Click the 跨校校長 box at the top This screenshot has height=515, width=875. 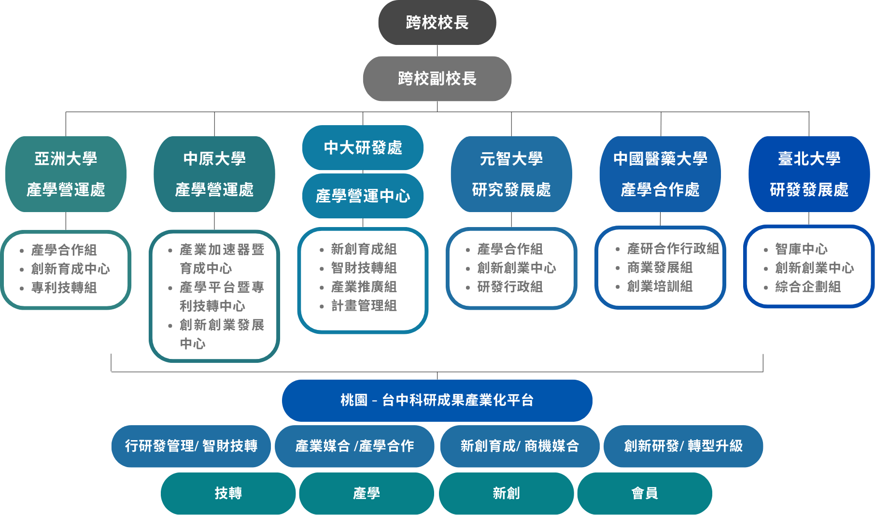(x=437, y=23)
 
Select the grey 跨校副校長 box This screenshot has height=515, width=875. (x=437, y=79)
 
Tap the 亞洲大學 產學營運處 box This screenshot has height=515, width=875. (x=66, y=174)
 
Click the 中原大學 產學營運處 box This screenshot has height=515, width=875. (x=214, y=174)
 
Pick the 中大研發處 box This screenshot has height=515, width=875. (x=363, y=147)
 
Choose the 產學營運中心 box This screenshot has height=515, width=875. (x=363, y=196)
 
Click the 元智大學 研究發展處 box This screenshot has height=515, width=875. (x=511, y=174)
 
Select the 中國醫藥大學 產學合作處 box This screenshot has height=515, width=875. (x=660, y=174)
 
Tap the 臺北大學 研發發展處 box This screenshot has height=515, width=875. (x=809, y=174)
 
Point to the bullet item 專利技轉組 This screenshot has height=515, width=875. (x=64, y=288)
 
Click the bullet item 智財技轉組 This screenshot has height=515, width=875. (x=364, y=268)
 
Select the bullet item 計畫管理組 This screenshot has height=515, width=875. (x=364, y=306)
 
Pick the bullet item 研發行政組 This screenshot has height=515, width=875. (x=510, y=287)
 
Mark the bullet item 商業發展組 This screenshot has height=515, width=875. (x=660, y=268)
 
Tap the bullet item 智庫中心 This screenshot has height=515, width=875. (x=801, y=249)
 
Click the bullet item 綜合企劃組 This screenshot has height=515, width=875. (x=808, y=287)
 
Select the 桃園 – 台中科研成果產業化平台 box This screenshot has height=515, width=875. (x=437, y=401)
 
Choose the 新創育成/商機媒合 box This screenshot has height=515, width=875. (x=520, y=446)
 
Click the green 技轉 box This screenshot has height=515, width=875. (x=228, y=493)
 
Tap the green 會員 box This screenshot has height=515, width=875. (x=645, y=493)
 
